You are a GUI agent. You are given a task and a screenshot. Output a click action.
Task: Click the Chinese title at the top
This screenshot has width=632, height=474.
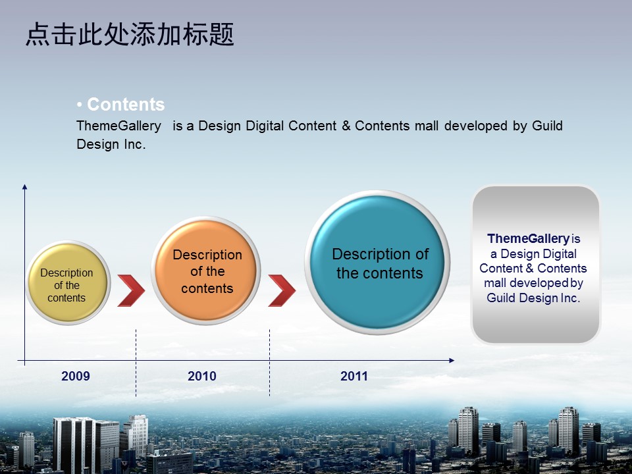click(130, 34)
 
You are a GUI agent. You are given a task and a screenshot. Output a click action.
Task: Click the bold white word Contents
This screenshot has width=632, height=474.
click(126, 105)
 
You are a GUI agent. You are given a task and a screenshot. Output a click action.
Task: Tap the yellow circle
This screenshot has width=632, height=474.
click(68, 283)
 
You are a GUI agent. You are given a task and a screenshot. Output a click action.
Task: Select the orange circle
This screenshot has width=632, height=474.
click(206, 271)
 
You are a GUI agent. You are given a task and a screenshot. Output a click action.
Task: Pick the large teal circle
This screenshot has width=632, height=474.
click(377, 263)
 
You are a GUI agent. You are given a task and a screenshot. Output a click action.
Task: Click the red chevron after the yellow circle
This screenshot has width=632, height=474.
click(131, 290)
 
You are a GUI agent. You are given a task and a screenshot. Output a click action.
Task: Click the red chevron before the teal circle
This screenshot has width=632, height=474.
click(282, 290)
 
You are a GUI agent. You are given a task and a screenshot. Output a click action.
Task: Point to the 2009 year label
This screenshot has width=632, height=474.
click(75, 376)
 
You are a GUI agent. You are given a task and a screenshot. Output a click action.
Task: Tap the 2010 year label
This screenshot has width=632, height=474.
click(202, 376)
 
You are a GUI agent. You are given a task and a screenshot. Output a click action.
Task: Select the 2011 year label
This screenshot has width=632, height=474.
click(354, 376)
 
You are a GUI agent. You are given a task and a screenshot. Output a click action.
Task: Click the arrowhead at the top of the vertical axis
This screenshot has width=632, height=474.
click(24, 186)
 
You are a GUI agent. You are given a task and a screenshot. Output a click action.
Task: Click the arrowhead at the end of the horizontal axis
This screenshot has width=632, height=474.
click(452, 360)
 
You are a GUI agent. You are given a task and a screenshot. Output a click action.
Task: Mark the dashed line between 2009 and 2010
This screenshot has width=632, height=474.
click(136, 363)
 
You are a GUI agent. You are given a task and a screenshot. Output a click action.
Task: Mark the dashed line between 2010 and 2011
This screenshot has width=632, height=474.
click(270, 363)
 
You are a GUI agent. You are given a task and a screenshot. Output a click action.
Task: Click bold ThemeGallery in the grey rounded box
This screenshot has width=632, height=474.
click(528, 238)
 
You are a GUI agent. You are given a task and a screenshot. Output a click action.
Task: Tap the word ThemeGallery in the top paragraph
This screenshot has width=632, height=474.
click(119, 126)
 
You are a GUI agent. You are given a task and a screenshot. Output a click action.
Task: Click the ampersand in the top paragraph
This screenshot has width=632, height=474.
click(346, 126)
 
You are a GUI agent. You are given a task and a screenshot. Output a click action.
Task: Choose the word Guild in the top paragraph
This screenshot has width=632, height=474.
click(547, 126)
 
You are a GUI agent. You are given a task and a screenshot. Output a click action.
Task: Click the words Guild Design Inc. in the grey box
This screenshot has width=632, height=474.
click(533, 298)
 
